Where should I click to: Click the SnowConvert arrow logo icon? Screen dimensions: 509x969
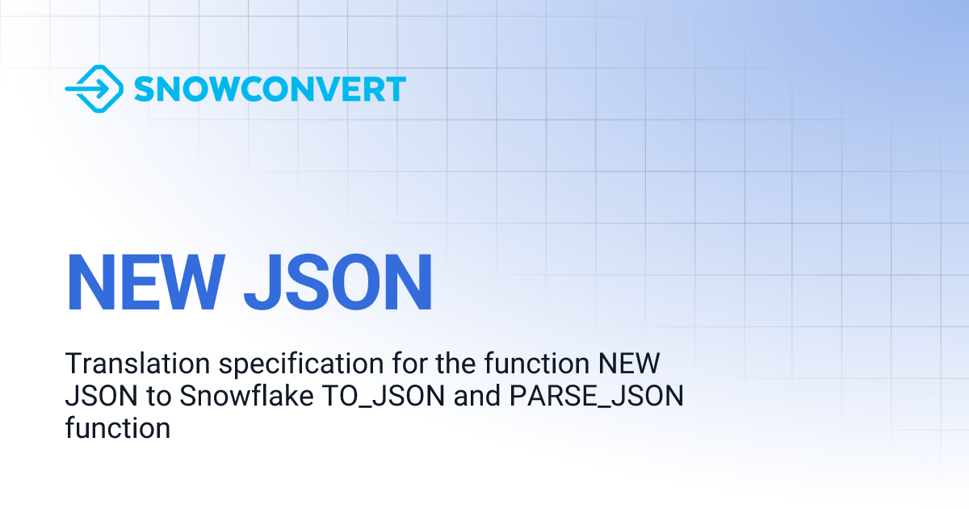(94, 88)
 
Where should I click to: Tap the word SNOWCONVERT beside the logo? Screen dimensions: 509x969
(270, 89)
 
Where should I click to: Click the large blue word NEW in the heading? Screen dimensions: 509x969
(145, 283)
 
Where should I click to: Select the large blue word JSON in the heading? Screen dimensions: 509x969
(338, 283)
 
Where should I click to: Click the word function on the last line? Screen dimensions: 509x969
(118, 427)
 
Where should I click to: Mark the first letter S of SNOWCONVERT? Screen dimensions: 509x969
(143, 89)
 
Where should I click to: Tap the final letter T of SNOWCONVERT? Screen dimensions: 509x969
(395, 89)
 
